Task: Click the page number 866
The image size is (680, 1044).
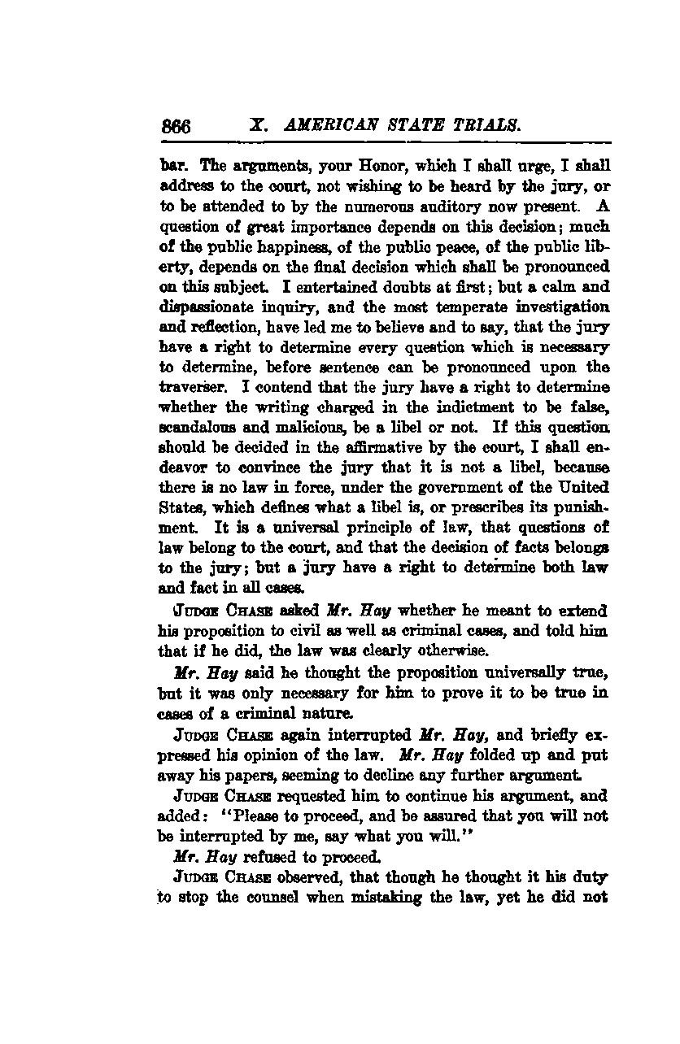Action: click(176, 127)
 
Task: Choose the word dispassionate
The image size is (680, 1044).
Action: click(211, 307)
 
